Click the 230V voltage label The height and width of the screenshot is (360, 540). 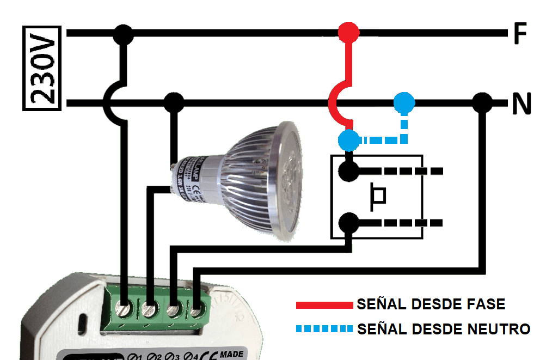pos(41,68)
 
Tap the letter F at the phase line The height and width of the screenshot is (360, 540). pos(520,34)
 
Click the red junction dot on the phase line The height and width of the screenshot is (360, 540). pos(348,33)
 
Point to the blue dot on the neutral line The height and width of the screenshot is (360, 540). pos(404,102)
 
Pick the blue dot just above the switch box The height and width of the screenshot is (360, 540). pos(348,140)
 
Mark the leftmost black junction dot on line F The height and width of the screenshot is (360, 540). pos(124,34)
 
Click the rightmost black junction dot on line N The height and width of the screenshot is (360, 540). pos(481,102)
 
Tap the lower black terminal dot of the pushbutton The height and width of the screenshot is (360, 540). pos(348,223)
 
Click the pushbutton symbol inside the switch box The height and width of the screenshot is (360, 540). pos(378,197)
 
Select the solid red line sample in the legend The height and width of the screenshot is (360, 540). pos(324,305)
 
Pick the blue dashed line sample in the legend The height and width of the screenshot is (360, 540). pos(324,329)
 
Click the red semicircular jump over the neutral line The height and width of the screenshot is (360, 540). pos(333,102)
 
